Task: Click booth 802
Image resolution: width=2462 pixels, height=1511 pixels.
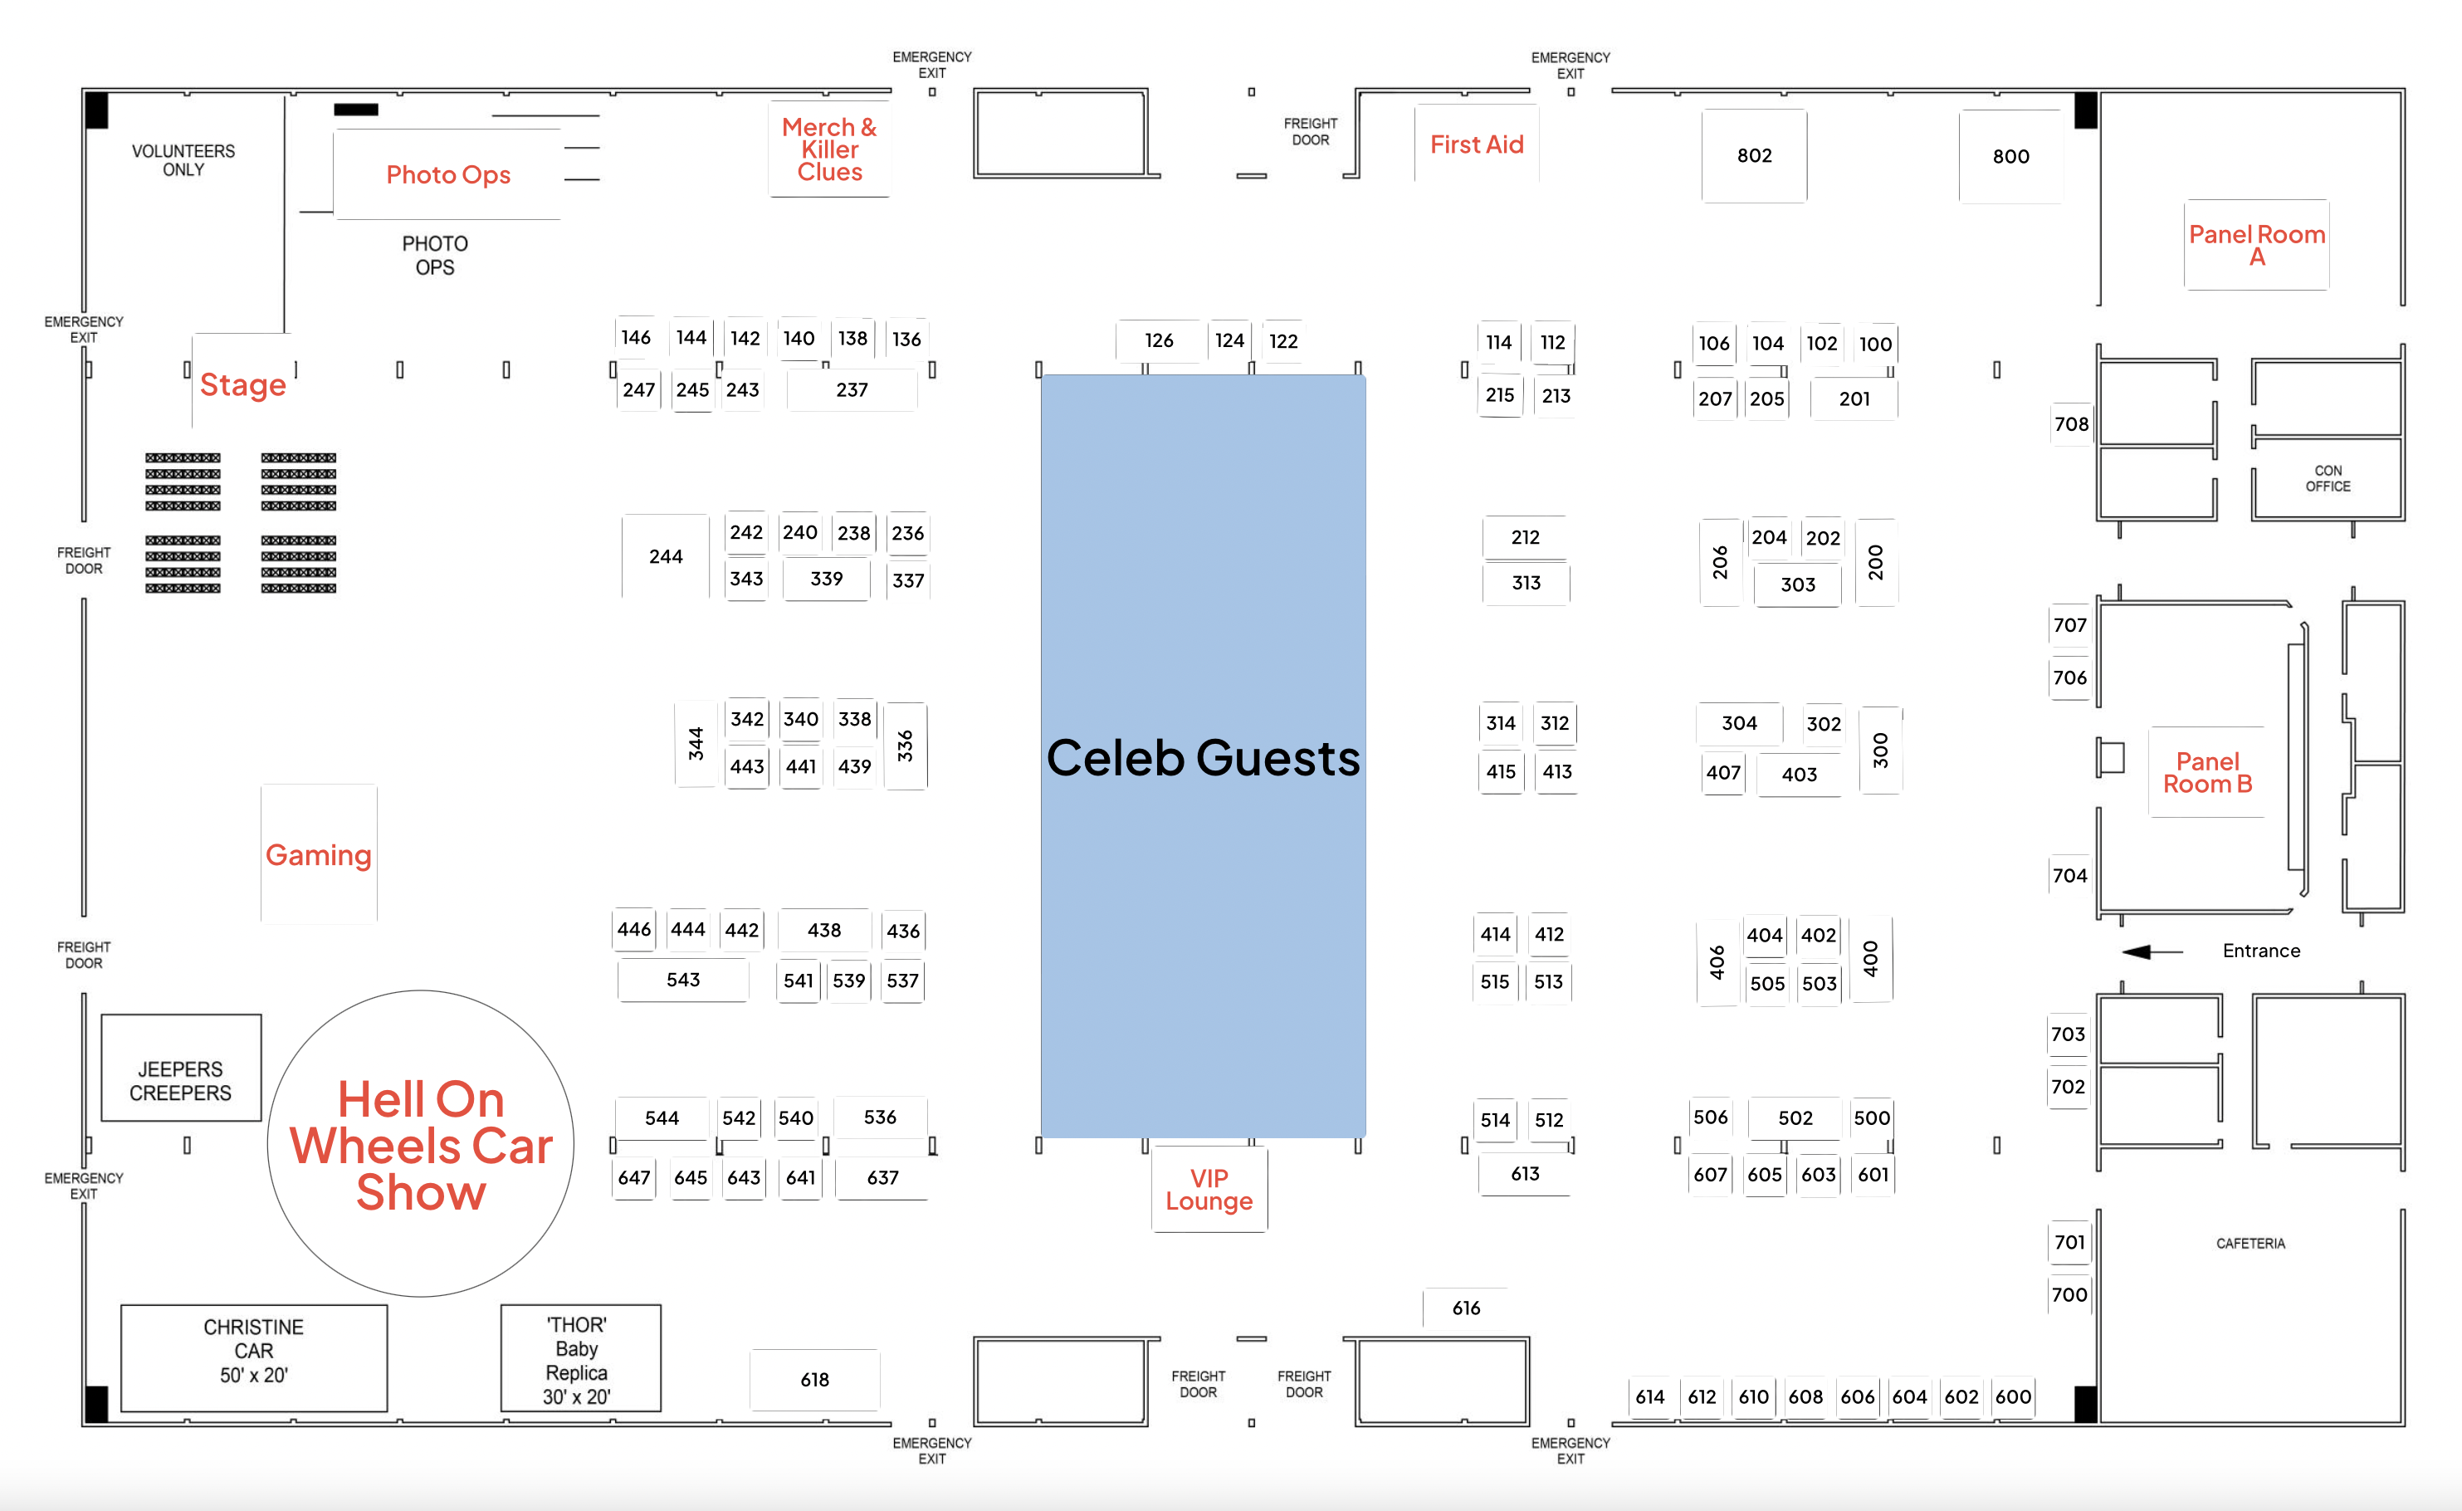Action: (x=1754, y=156)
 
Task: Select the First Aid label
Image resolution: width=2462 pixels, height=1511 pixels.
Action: (x=1476, y=145)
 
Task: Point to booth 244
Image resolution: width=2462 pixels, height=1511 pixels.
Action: (x=666, y=556)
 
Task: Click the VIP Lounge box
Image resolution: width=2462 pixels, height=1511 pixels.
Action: (x=1209, y=1189)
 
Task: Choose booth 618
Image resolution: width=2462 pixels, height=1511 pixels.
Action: (x=814, y=1379)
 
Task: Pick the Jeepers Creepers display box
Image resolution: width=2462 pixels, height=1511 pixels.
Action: (x=181, y=1080)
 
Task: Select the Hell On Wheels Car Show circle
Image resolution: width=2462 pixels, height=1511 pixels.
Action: (x=421, y=1144)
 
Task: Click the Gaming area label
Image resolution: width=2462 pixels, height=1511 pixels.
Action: (x=319, y=854)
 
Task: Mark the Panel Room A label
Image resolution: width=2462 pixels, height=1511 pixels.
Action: (x=2256, y=245)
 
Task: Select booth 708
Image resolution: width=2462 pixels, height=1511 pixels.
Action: (x=2070, y=423)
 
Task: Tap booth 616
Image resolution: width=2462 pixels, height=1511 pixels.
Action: (x=1466, y=1307)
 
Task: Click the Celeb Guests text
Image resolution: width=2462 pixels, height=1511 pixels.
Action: (x=1203, y=757)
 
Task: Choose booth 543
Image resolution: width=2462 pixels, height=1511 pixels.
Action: (x=683, y=980)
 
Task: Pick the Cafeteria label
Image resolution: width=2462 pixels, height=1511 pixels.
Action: (x=2250, y=1243)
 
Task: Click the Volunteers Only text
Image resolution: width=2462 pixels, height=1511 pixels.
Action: (x=183, y=160)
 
